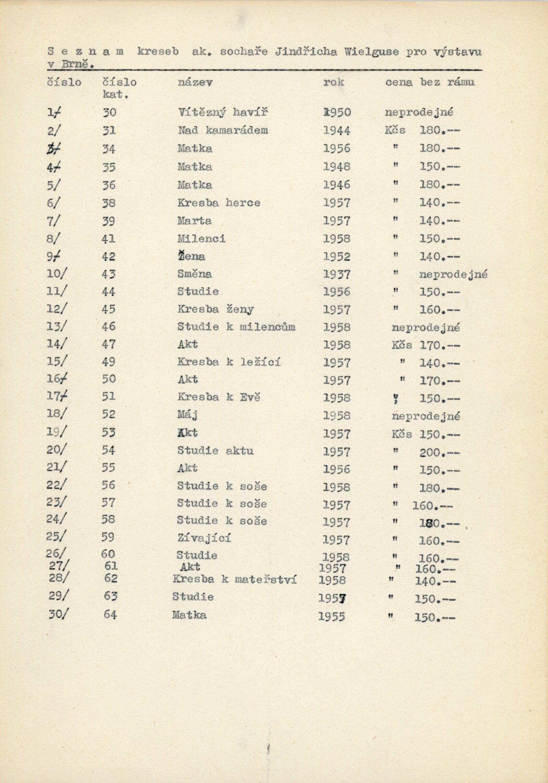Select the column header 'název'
click(195, 82)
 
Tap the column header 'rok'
click(333, 82)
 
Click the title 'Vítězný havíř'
click(222, 112)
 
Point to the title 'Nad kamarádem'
click(223, 130)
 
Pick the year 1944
click(337, 130)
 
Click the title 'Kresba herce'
click(219, 203)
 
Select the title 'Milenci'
click(201, 238)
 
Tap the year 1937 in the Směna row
click(337, 274)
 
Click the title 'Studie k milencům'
click(236, 327)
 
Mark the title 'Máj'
click(188, 415)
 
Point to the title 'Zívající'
click(204, 538)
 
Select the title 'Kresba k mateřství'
click(235, 579)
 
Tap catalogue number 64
click(110, 614)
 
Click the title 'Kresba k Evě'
click(219, 397)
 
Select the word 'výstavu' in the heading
click(457, 52)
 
